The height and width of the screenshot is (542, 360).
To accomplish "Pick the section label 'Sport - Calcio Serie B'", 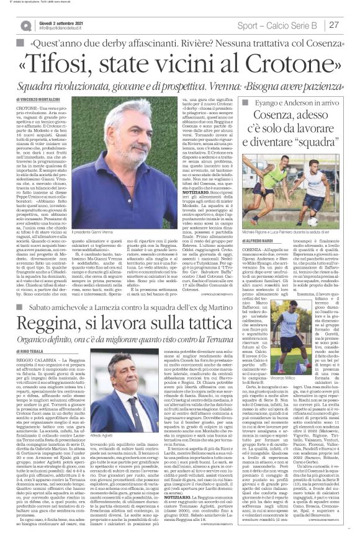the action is click(279, 25).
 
